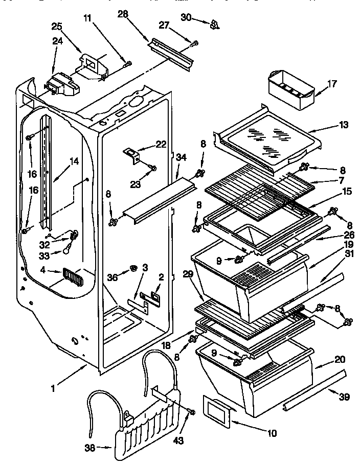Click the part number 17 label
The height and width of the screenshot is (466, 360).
(x=332, y=83)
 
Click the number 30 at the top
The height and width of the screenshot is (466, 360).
(x=186, y=18)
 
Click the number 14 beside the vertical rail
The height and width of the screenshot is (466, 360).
(x=74, y=161)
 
